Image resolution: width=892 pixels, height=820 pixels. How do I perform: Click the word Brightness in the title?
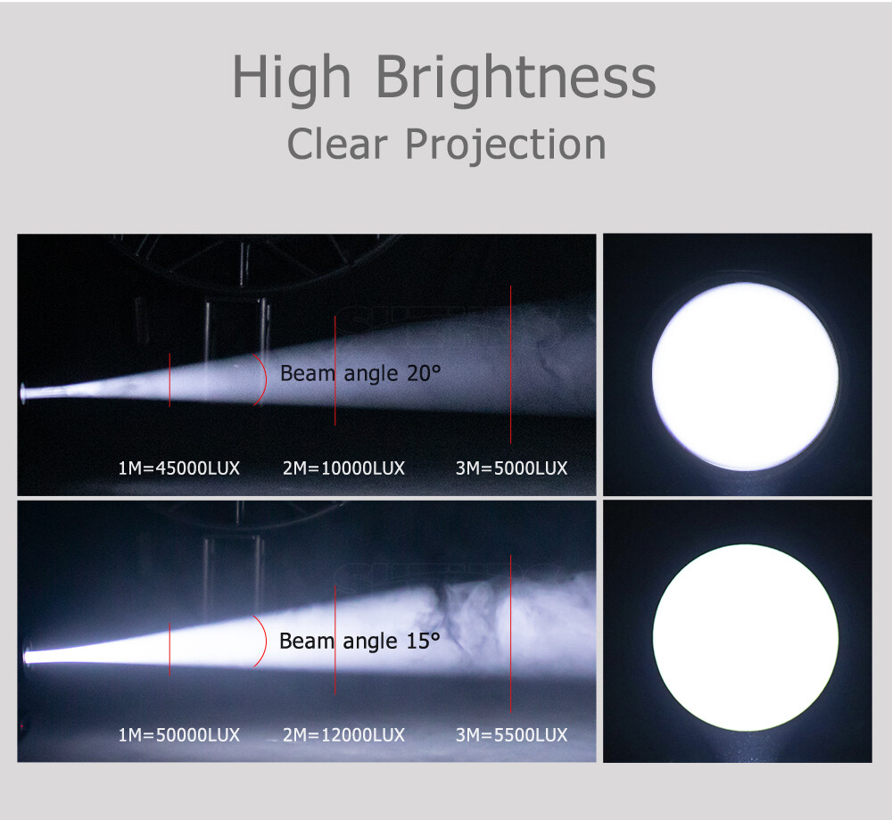[x=516, y=79]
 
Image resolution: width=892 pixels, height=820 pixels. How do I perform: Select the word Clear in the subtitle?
[x=337, y=144]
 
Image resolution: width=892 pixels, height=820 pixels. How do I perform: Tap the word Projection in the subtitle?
[x=506, y=145]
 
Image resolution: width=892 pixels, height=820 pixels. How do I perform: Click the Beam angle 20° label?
[x=360, y=374]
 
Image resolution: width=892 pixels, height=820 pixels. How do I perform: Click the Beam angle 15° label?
[x=359, y=642]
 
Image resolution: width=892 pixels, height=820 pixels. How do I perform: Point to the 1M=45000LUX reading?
[x=178, y=468]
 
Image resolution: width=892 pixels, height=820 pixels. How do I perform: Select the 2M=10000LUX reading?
[x=343, y=468]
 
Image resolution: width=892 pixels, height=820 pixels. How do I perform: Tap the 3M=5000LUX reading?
[x=511, y=468]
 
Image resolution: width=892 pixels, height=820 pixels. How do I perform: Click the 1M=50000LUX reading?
[x=178, y=735]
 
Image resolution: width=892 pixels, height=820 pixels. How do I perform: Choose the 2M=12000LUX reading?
[x=343, y=735]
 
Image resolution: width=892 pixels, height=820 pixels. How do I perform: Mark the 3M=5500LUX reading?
[x=511, y=735]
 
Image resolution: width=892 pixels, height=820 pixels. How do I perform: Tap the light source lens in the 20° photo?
[x=23, y=393]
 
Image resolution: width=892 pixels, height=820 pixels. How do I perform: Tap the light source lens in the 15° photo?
[x=27, y=657]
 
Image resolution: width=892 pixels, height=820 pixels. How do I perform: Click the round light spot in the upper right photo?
[x=745, y=377]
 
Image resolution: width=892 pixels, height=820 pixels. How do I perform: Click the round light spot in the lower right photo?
[x=746, y=638]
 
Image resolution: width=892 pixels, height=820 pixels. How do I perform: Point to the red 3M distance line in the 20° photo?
[x=511, y=364]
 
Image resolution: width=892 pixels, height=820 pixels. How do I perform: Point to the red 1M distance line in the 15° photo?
[x=169, y=650]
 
